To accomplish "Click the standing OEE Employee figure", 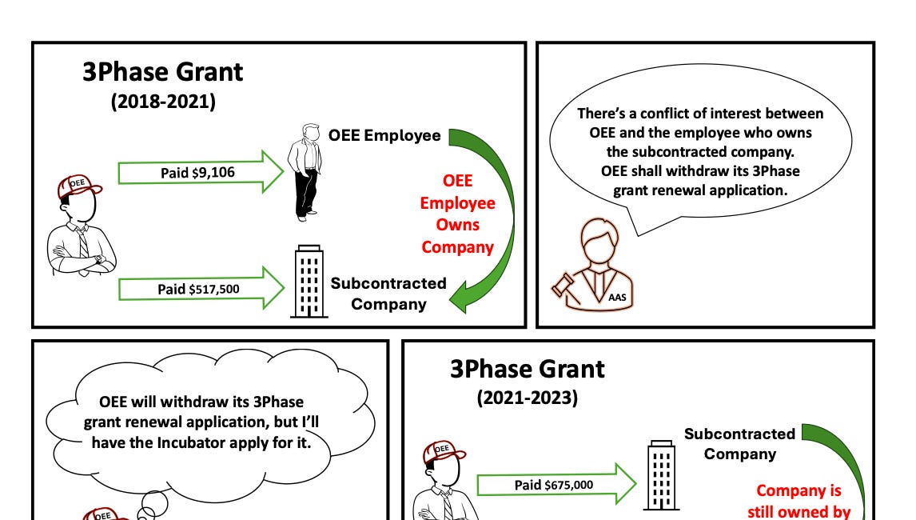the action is [x=305, y=173].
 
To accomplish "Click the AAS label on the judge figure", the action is [x=617, y=297].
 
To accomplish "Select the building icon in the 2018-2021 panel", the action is [x=309, y=282].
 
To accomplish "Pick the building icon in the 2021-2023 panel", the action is [x=662, y=475].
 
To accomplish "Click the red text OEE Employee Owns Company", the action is [x=457, y=214].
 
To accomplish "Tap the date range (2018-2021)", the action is [x=163, y=101].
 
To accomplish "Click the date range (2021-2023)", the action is [x=527, y=398].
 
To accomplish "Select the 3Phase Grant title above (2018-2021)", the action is [x=162, y=72].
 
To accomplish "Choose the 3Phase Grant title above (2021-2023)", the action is [x=527, y=369].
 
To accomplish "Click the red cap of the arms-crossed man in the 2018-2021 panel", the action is [x=78, y=186].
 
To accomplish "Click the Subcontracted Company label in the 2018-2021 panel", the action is [x=388, y=294].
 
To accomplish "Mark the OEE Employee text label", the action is [x=384, y=135].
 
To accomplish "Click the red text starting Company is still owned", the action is [x=799, y=502].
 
